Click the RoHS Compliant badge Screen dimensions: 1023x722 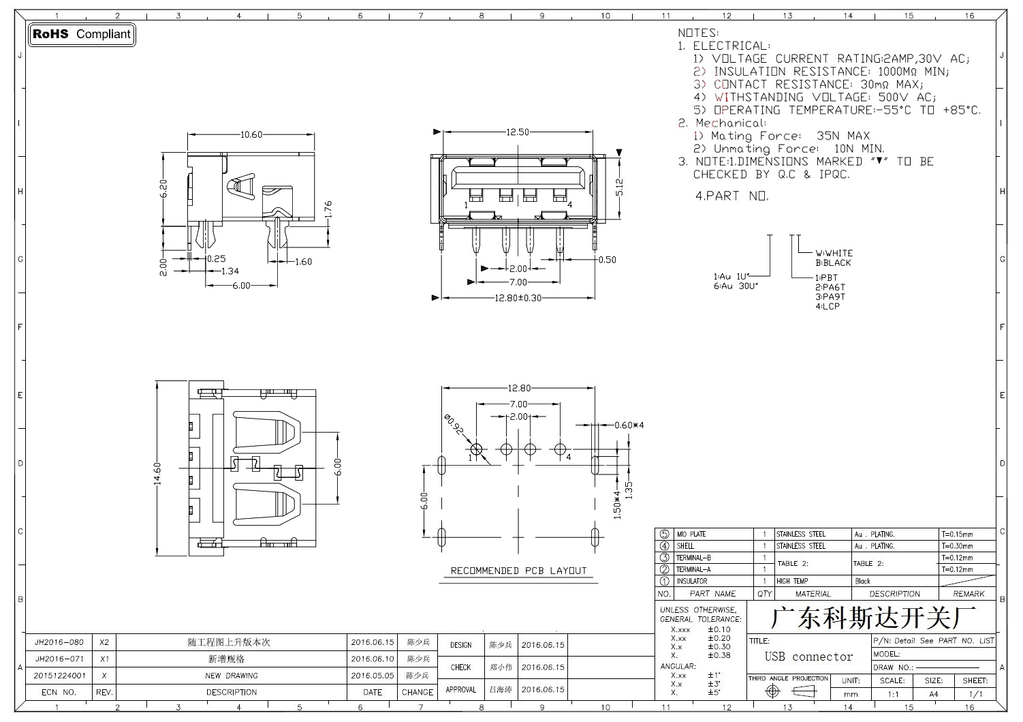82,34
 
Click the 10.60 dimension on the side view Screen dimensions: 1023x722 251,134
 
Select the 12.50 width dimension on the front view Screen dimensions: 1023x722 518,132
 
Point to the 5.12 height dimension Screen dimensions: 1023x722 619,187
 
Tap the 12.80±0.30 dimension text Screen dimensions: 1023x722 518,298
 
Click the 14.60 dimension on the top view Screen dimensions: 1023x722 157,474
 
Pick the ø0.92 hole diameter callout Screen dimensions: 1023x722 454,425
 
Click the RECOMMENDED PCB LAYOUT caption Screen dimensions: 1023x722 518,571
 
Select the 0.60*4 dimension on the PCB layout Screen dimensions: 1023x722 629,425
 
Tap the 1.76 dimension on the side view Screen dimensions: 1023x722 328,209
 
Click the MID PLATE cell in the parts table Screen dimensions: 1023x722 691,534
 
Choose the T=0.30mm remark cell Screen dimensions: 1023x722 957,546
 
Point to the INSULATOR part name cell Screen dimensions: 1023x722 691,581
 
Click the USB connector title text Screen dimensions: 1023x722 809,657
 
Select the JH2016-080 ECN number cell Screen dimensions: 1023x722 59,642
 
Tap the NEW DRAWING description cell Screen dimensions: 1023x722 232,676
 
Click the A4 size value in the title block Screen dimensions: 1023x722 934,694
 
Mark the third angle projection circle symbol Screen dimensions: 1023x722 772,691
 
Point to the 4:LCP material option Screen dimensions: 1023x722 828,306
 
